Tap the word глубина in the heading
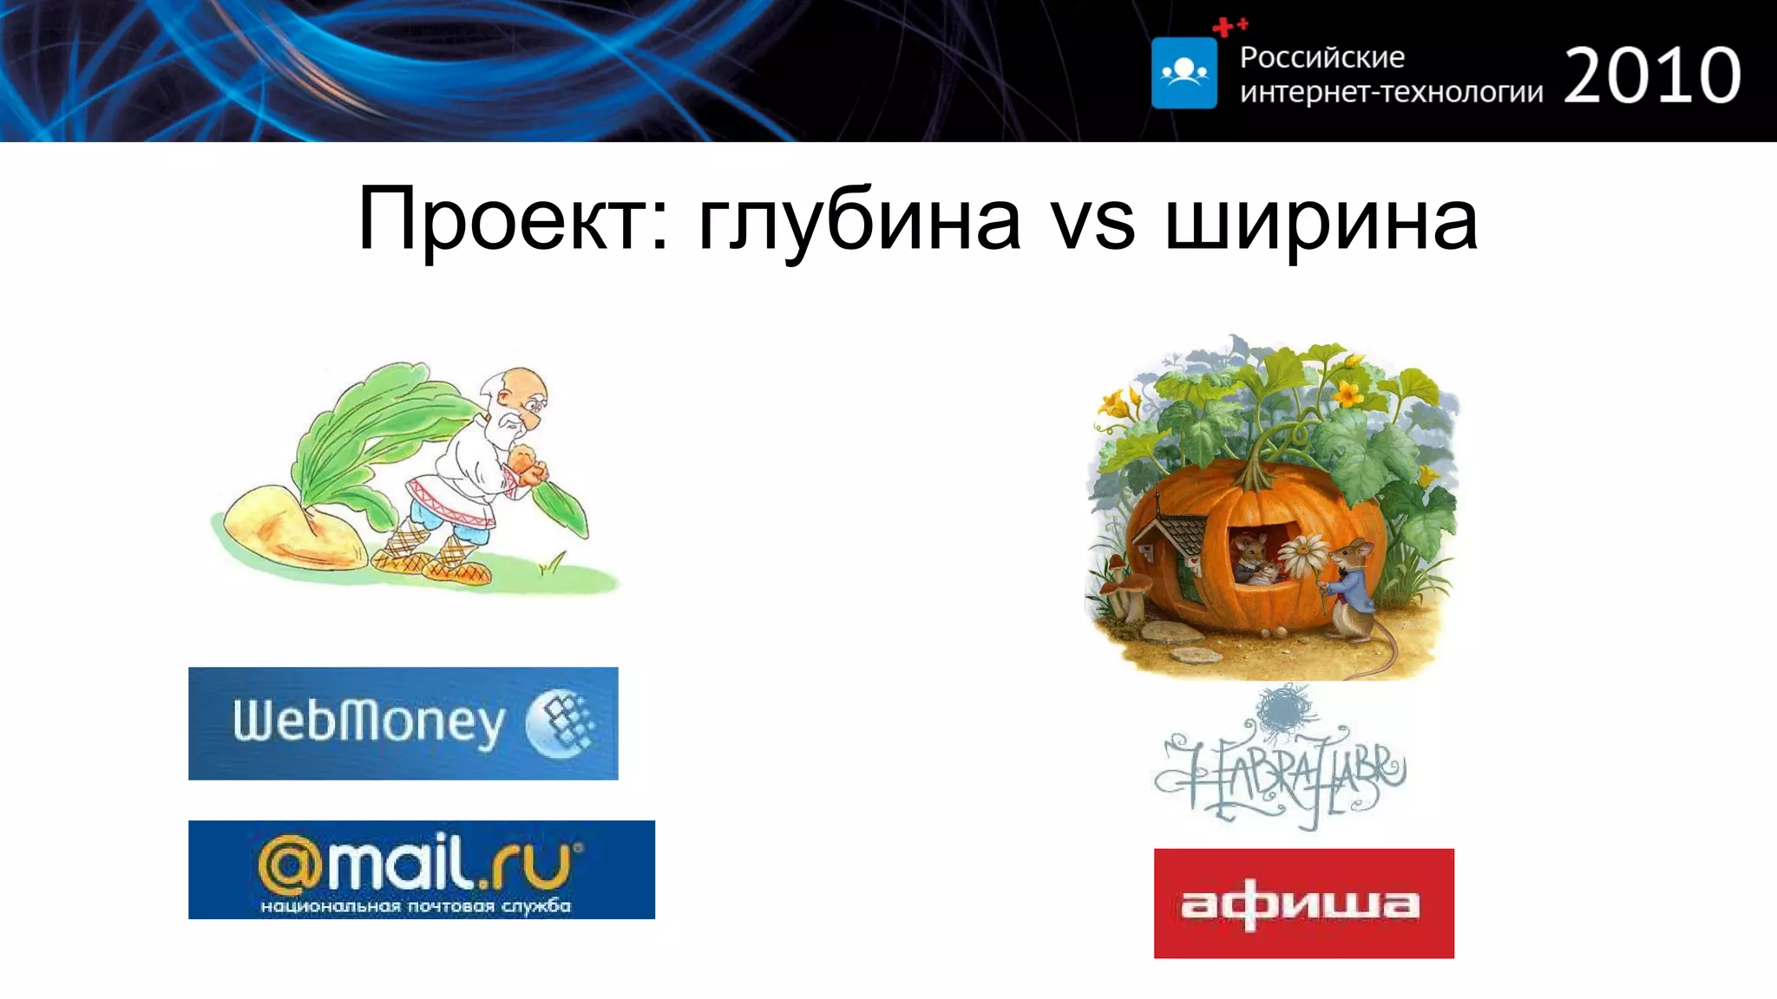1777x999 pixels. tap(859, 221)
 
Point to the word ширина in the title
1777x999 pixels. tap(1321, 223)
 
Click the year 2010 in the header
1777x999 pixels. tap(1652, 76)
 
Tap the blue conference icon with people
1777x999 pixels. tap(1184, 73)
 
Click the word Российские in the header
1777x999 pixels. tap(1321, 57)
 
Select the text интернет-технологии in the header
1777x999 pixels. tap(1391, 92)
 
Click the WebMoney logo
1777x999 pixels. tap(403, 723)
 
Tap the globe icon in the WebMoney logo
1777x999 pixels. tap(561, 723)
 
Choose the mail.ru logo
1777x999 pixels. tap(421, 869)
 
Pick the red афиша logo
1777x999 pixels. tap(1303, 903)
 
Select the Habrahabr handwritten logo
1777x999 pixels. tap(1279, 764)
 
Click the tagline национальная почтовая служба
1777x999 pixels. tap(416, 906)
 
